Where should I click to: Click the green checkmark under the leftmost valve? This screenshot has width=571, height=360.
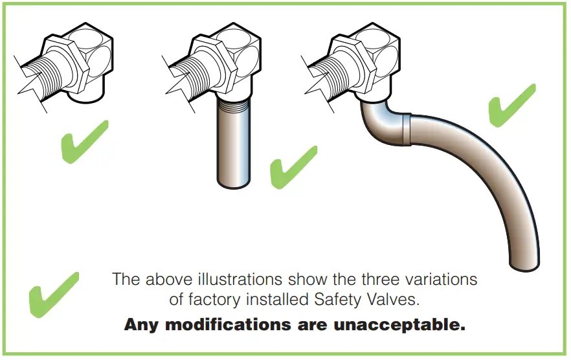click(x=82, y=141)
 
